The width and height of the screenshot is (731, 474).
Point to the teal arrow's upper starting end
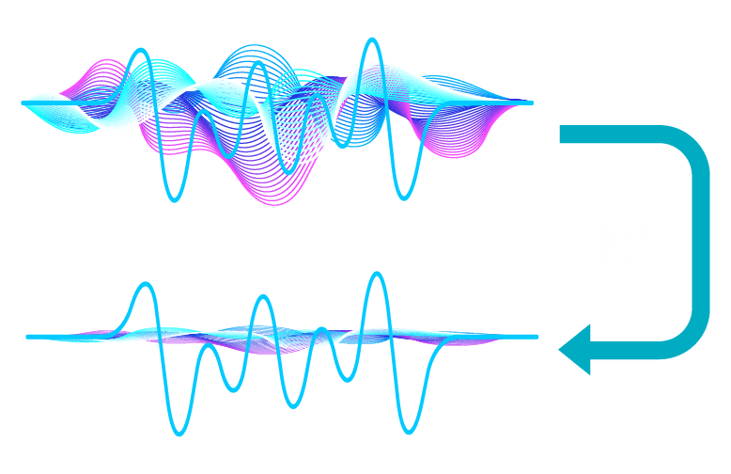pos(563,134)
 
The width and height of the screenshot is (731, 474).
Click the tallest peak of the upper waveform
pos(373,39)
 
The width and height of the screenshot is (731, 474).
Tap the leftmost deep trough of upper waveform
pos(173,199)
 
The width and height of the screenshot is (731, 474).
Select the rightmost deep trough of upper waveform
pos(404,197)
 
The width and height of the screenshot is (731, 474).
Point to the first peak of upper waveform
pos(140,52)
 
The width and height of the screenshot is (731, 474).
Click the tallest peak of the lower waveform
pos(378,275)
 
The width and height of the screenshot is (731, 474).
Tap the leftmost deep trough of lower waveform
pos(178,434)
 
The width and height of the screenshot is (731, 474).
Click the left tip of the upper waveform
pos(23,103)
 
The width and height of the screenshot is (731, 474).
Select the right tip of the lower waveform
pos(537,336)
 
